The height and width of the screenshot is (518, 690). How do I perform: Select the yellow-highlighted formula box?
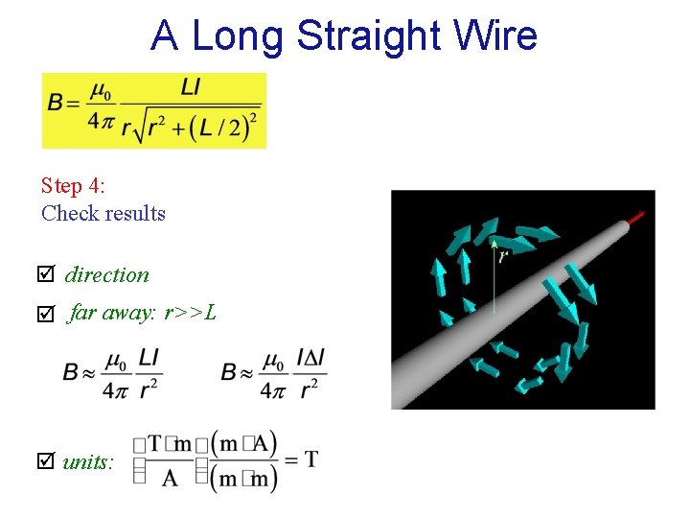153,110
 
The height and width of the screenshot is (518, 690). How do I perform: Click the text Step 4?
73,185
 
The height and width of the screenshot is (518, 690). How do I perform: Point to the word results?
135,213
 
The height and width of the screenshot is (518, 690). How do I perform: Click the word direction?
107,275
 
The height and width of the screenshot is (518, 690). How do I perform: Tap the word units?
89,462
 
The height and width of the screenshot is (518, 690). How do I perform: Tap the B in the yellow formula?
56,103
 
